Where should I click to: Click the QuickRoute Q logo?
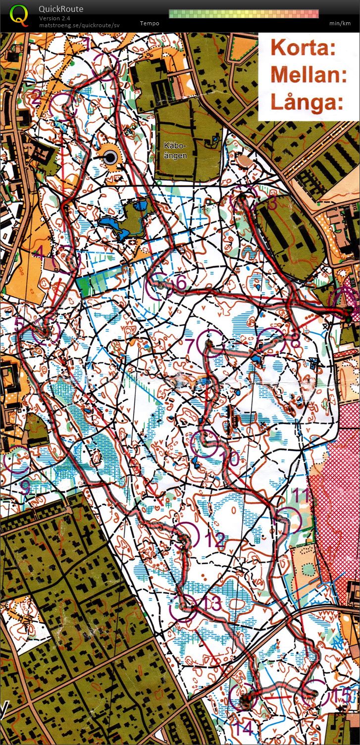click(19, 14)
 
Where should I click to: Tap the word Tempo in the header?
click(150, 23)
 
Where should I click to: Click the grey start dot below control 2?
click(110, 158)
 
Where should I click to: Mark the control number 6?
click(181, 283)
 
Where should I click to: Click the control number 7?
click(190, 344)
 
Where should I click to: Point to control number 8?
click(296, 342)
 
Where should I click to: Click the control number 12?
click(215, 540)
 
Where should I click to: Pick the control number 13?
click(211, 604)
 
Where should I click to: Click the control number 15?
click(341, 696)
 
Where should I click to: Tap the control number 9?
click(24, 487)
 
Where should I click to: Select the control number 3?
click(272, 203)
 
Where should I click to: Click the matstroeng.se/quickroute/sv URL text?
click(79, 25)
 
